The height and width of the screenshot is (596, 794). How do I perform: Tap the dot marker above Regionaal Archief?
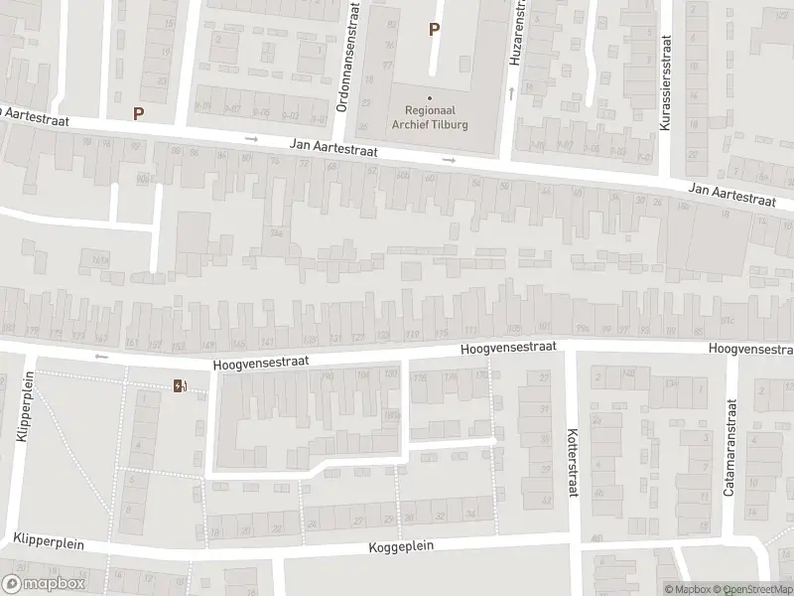click(430, 97)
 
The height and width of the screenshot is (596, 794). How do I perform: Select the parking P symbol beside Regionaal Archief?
click(433, 30)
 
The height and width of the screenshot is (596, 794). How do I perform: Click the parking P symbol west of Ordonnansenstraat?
click(138, 113)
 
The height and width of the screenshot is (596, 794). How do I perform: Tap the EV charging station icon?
click(179, 385)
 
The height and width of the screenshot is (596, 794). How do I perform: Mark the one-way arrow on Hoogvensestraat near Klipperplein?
click(99, 355)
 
